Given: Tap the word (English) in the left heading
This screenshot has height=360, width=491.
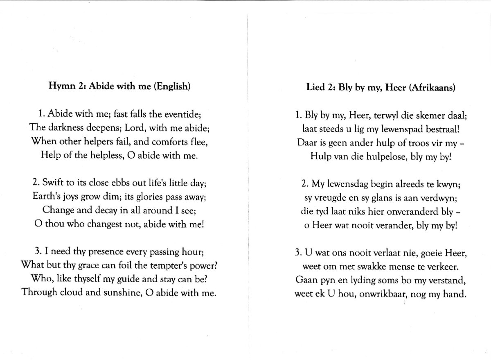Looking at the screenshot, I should (x=172, y=86).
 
